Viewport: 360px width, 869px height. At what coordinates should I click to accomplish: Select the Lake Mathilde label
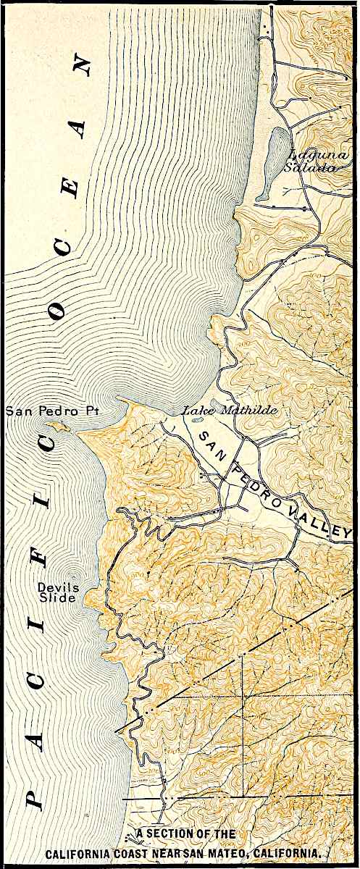pyautogui.click(x=219, y=411)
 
